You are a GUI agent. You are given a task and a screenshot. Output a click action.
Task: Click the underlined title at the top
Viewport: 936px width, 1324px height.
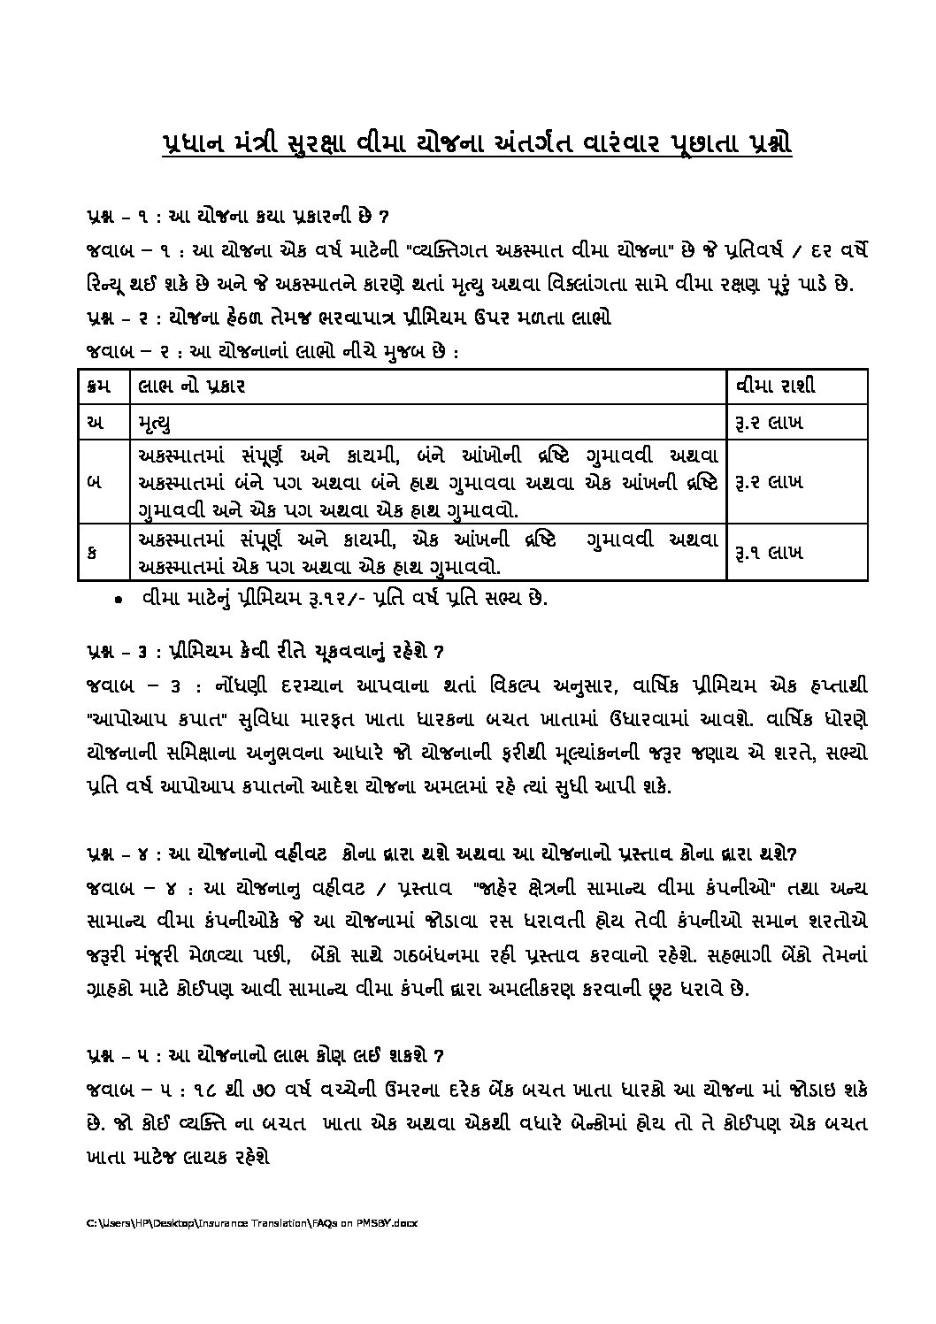(478, 144)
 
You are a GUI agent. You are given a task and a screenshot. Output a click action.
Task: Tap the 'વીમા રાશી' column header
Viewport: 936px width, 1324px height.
(775, 386)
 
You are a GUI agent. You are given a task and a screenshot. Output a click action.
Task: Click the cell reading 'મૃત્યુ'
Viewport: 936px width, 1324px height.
(156, 424)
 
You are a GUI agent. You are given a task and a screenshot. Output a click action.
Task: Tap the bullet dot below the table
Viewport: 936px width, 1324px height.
(119, 600)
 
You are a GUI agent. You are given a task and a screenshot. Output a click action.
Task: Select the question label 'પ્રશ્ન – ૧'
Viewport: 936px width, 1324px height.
(123, 217)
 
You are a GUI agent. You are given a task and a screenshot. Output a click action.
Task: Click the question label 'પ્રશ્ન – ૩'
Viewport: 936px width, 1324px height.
(123, 652)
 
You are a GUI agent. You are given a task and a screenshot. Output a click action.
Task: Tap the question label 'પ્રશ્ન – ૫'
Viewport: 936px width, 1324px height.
(123, 1055)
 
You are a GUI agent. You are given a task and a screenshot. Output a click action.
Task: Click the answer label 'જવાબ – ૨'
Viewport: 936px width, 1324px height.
(129, 351)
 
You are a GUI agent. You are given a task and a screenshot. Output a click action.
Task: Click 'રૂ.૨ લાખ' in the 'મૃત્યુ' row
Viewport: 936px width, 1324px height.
(768, 424)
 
